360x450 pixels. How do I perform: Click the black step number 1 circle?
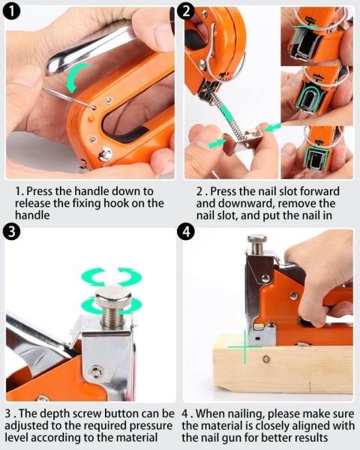tap(12, 11)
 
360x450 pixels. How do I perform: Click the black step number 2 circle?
tap(186, 11)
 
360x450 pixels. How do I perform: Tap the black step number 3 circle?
tap(11, 231)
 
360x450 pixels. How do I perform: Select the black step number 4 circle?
tap(186, 231)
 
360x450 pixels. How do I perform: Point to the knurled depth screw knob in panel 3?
tap(113, 296)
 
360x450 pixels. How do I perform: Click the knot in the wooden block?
tap(266, 359)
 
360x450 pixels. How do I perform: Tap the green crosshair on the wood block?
tap(245, 347)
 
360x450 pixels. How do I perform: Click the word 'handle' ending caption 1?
tap(32, 215)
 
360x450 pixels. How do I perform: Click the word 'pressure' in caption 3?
tap(149, 426)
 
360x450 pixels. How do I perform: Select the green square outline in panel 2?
tap(317, 158)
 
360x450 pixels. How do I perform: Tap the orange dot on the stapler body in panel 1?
tap(91, 118)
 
